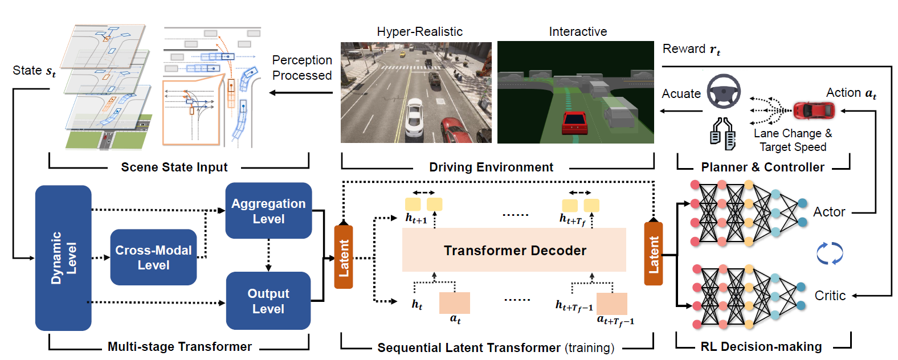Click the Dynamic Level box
(x=63, y=257)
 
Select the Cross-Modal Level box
(x=153, y=257)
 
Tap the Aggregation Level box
(x=268, y=211)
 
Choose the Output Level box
(x=268, y=301)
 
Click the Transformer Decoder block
(x=514, y=250)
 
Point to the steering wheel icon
(x=724, y=91)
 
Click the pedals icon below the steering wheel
(x=722, y=133)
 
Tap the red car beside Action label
(x=814, y=110)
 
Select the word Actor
(x=829, y=212)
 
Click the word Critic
(x=830, y=296)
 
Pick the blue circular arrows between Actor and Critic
(x=830, y=253)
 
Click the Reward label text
(x=691, y=50)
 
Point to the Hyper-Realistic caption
(x=419, y=32)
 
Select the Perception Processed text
(x=301, y=68)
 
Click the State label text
(x=34, y=71)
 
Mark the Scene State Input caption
(x=174, y=167)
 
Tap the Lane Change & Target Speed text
(x=793, y=140)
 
